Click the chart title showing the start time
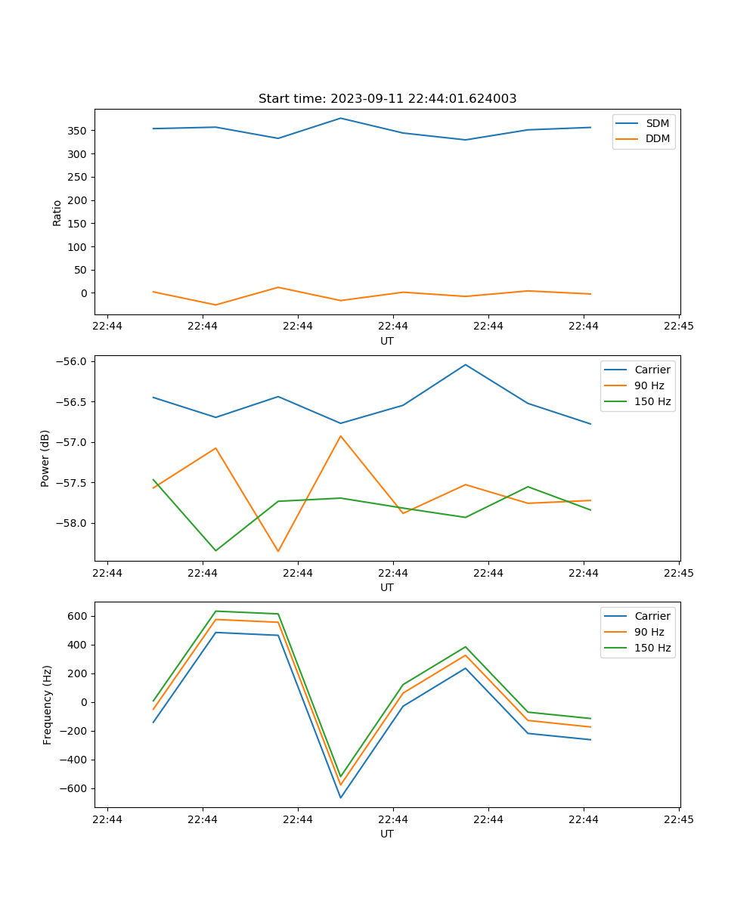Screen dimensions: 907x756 387,99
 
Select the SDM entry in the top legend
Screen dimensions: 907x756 657,123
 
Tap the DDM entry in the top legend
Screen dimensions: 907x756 657,138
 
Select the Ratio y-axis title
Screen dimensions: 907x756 57,212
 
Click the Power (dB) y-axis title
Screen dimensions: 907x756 45,458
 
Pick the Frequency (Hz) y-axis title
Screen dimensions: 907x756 47,704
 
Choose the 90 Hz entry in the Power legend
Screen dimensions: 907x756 649,385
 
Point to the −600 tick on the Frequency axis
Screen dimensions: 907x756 73,788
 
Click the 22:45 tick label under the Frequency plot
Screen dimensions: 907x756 678,819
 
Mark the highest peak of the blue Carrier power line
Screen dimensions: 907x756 466,365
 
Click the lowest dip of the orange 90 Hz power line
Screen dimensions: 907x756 278,551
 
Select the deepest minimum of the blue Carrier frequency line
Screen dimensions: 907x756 340,797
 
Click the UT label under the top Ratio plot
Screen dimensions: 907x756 387,341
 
